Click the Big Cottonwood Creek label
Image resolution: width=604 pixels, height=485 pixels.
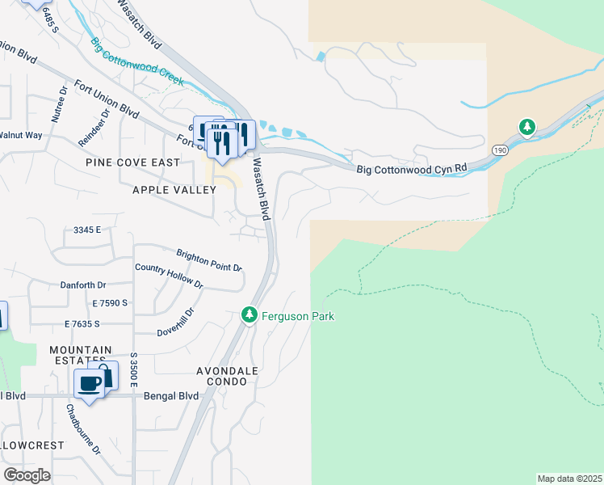pos(136,62)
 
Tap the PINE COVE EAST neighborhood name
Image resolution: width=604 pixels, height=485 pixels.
pos(133,162)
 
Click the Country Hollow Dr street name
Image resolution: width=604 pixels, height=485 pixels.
pos(169,276)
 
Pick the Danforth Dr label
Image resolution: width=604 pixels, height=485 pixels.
pos(83,285)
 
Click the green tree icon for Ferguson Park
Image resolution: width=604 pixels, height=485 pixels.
pos(250,314)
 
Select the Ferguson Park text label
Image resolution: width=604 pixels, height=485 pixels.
pos(297,316)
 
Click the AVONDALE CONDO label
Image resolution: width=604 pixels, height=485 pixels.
pos(227,377)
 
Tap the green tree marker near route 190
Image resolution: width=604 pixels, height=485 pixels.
pos(526,127)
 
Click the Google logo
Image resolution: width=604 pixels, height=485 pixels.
pos(27,474)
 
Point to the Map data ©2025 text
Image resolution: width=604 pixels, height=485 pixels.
pos(569,479)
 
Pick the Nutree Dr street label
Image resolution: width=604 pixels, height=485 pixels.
pos(57,103)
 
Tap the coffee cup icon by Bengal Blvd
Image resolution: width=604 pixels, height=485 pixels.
pos(90,383)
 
